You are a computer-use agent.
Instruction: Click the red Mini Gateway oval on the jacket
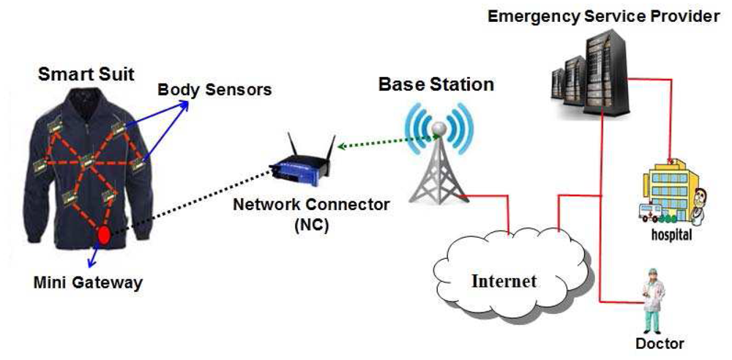point(104,236)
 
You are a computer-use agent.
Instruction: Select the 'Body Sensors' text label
point(214,90)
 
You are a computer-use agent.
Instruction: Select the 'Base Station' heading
point(436,84)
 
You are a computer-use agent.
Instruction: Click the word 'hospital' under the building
point(671,236)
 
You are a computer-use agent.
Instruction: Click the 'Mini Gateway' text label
point(88,282)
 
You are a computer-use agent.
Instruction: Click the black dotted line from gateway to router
point(190,206)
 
